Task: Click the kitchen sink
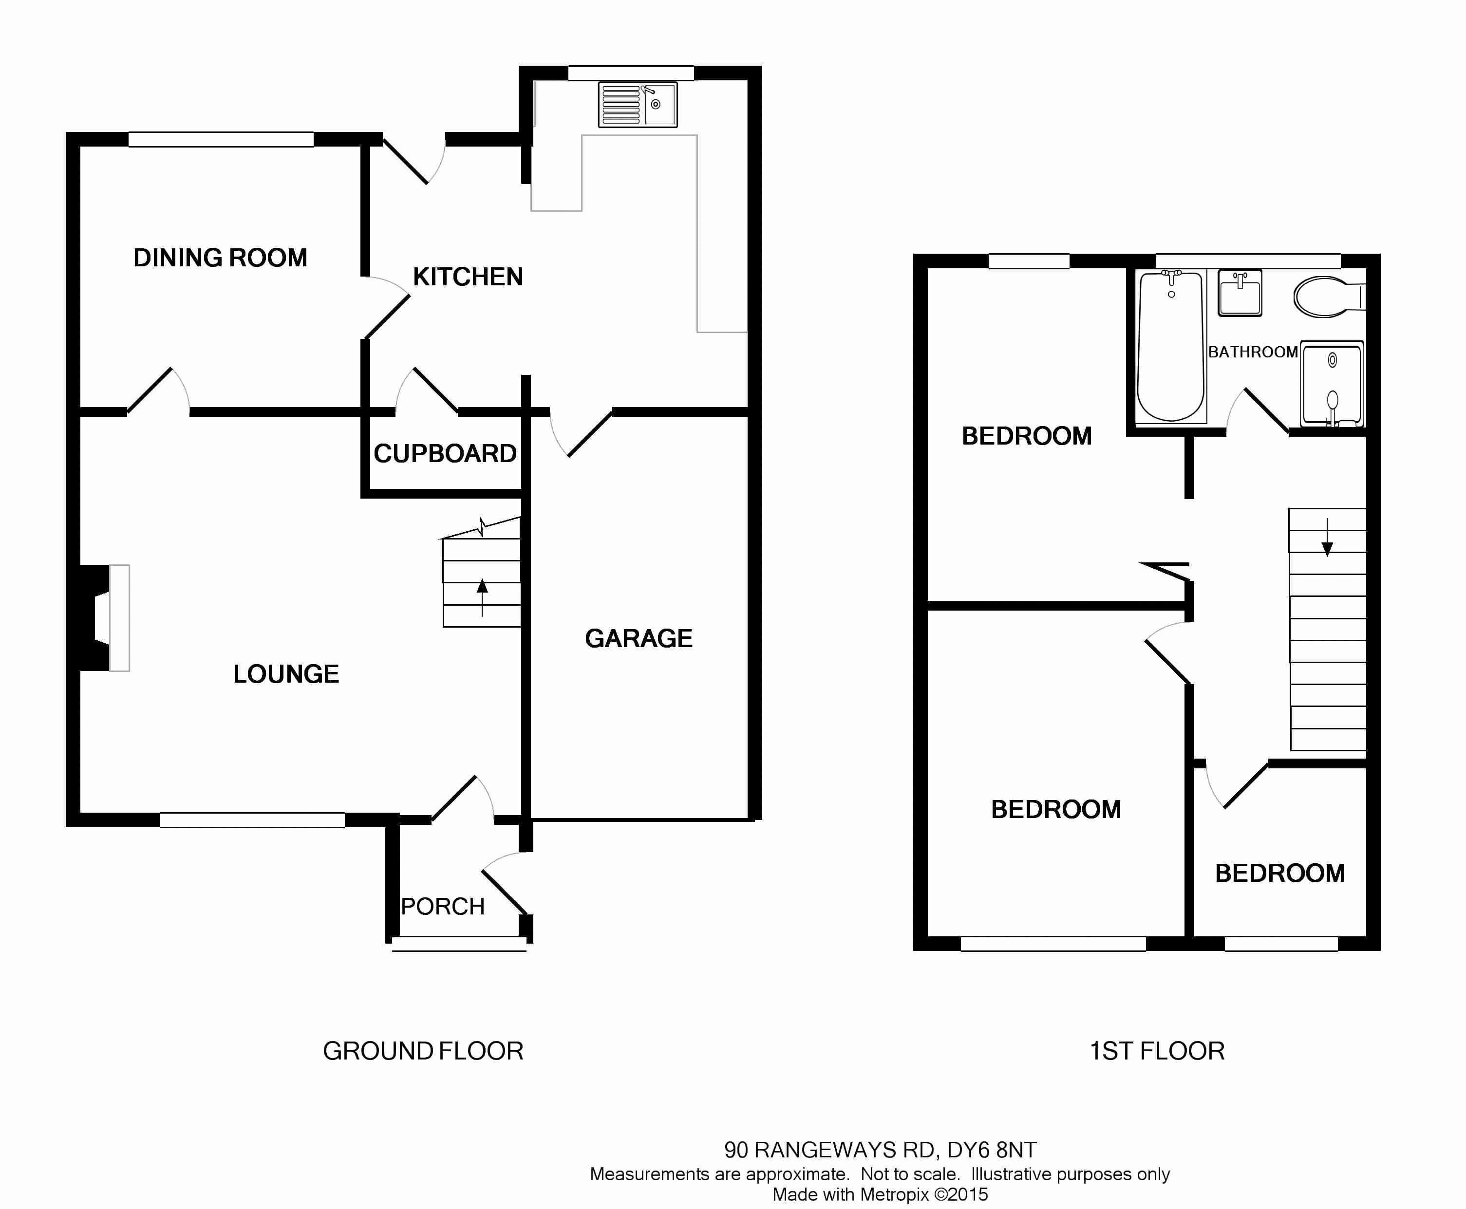tap(637, 105)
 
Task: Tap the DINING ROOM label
tap(220, 258)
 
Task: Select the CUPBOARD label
tap(445, 453)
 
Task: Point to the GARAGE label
tap(639, 638)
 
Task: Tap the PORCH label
tap(442, 906)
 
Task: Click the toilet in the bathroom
tap(1327, 297)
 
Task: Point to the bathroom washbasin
tap(1240, 293)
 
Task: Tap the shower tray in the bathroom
tap(1332, 383)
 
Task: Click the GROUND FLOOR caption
tap(423, 1051)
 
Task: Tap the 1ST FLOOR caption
tap(1157, 1051)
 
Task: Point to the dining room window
tap(221, 139)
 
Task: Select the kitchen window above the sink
tap(631, 73)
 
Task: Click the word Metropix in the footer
tap(894, 1194)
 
